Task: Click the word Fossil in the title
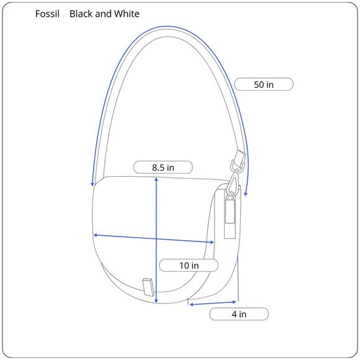pos(47,14)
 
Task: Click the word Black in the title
pos(81,14)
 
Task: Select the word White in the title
pos(126,14)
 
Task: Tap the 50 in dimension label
pos(263,84)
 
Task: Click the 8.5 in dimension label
pos(163,167)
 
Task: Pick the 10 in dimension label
pos(189,265)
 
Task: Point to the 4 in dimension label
pos(238,314)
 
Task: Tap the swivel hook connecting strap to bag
pos(232,184)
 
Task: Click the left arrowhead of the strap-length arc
pos(92,184)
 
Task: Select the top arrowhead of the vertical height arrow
pos(156,179)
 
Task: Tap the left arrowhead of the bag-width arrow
pos(95,235)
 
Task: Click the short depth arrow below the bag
pos(214,302)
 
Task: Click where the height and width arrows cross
pos(156,238)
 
